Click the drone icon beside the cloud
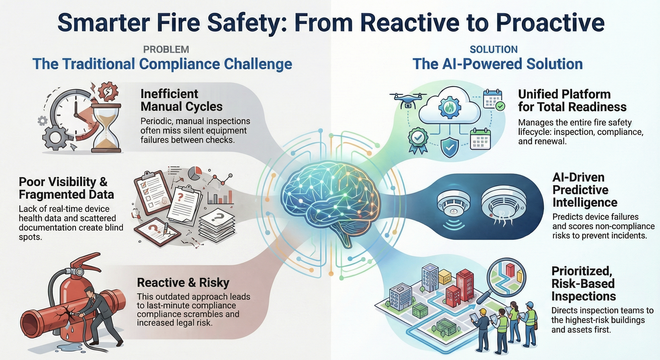coord(408,99)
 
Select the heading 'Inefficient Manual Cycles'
coord(181,100)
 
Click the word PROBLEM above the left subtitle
coord(166,49)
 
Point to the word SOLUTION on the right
coord(493,49)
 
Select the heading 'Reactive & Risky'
coord(183,283)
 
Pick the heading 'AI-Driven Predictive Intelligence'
coord(585,190)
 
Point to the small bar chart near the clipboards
coord(220,197)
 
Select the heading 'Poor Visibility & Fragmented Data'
coord(66,188)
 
